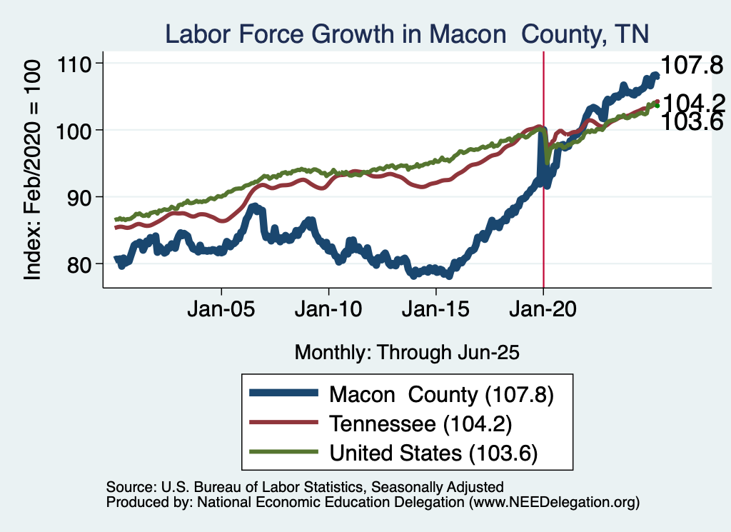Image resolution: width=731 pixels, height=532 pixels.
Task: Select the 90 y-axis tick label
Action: [82, 197]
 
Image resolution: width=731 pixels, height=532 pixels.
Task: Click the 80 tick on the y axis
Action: [82, 264]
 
